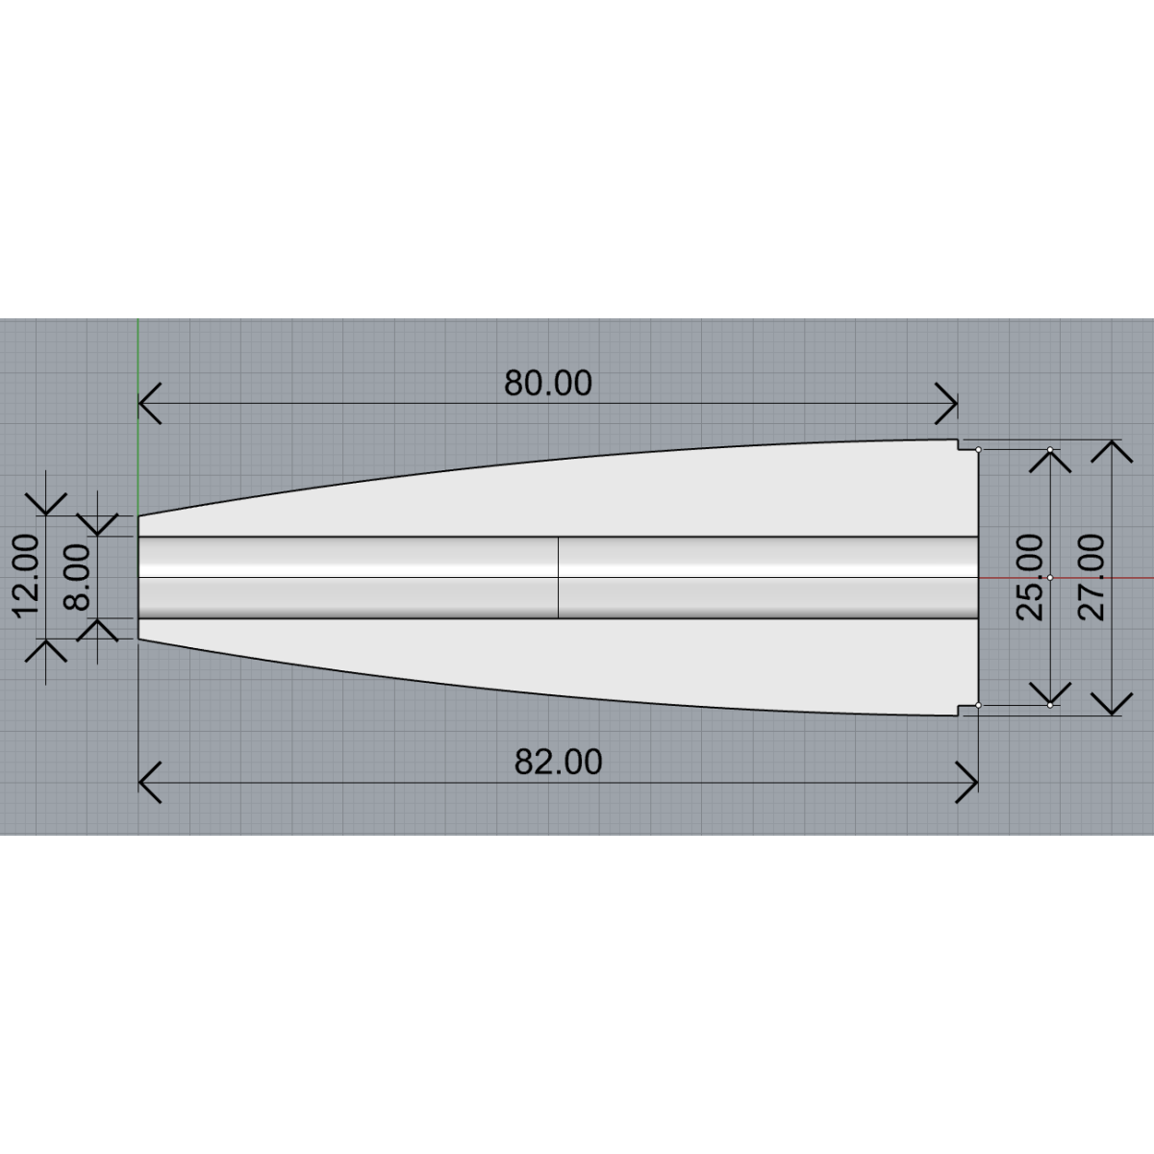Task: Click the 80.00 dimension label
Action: pos(548,384)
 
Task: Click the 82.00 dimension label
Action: pos(558,763)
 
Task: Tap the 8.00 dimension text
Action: pos(76,577)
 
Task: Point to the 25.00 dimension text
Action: pos(1030,577)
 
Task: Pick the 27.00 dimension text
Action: pos(1091,577)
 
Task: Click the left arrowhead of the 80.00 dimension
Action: pos(150,404)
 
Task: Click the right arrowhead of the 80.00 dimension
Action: pos(946,404)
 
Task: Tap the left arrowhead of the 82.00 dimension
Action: pos(150,783)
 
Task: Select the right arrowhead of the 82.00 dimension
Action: pos(966,783)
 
